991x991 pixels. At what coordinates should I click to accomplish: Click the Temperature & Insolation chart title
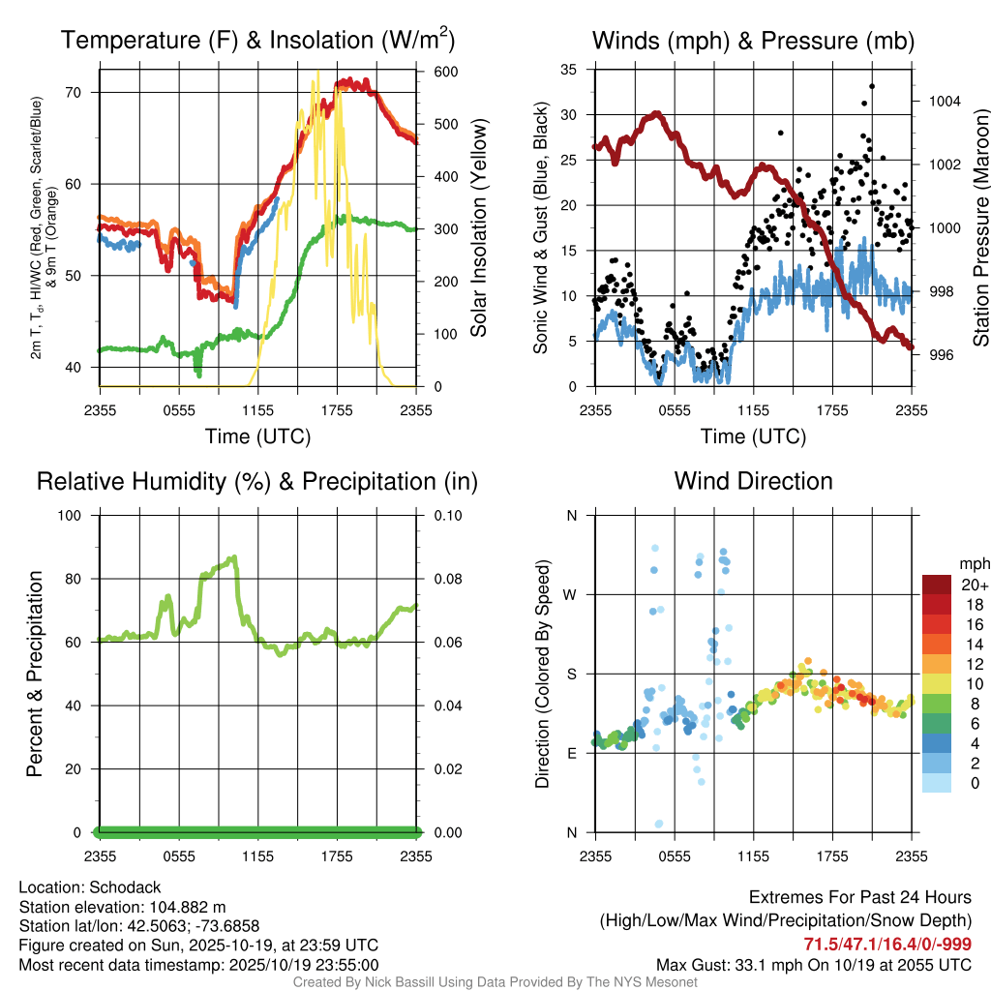point(257,41)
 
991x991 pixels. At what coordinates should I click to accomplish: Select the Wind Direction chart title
point(753,481)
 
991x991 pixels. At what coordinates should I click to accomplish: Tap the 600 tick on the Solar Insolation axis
point(446,73)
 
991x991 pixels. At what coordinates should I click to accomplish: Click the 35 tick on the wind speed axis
point(570,69)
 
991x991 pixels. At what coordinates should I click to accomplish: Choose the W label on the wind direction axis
point(572,594)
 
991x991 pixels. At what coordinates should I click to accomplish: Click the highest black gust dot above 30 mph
point(872,86)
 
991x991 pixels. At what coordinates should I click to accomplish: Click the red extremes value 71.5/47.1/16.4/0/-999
point(887,945)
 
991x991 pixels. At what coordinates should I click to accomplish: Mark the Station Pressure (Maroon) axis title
point(979,228)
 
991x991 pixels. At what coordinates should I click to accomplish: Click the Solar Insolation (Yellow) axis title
point(478,228)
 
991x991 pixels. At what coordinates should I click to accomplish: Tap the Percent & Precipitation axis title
point(35,674)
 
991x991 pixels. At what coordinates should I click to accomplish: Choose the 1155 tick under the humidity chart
point(258,856)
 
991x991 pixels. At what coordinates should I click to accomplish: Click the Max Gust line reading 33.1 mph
point(814,964)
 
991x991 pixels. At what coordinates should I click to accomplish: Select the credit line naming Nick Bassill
point(495,982)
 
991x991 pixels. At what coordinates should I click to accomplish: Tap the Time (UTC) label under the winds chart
point(753,436)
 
